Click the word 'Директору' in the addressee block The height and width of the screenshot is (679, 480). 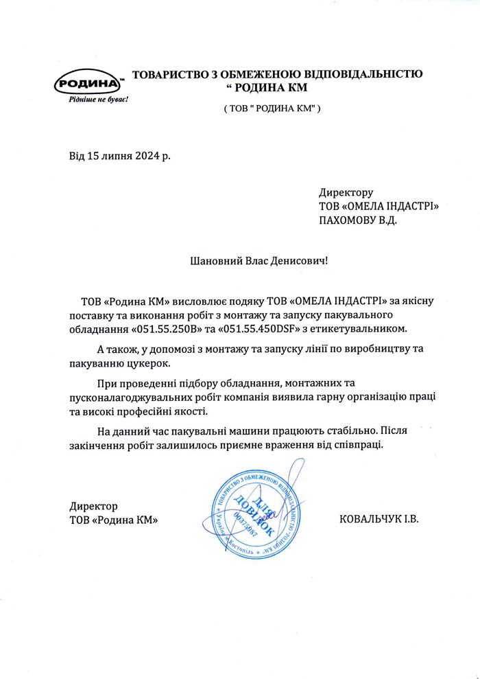point(346,193)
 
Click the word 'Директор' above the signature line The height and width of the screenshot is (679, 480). point(94,506)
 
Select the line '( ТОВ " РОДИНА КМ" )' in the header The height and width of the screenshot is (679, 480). point(272,108)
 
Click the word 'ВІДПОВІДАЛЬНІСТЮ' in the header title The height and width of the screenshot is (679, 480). point(360,73)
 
